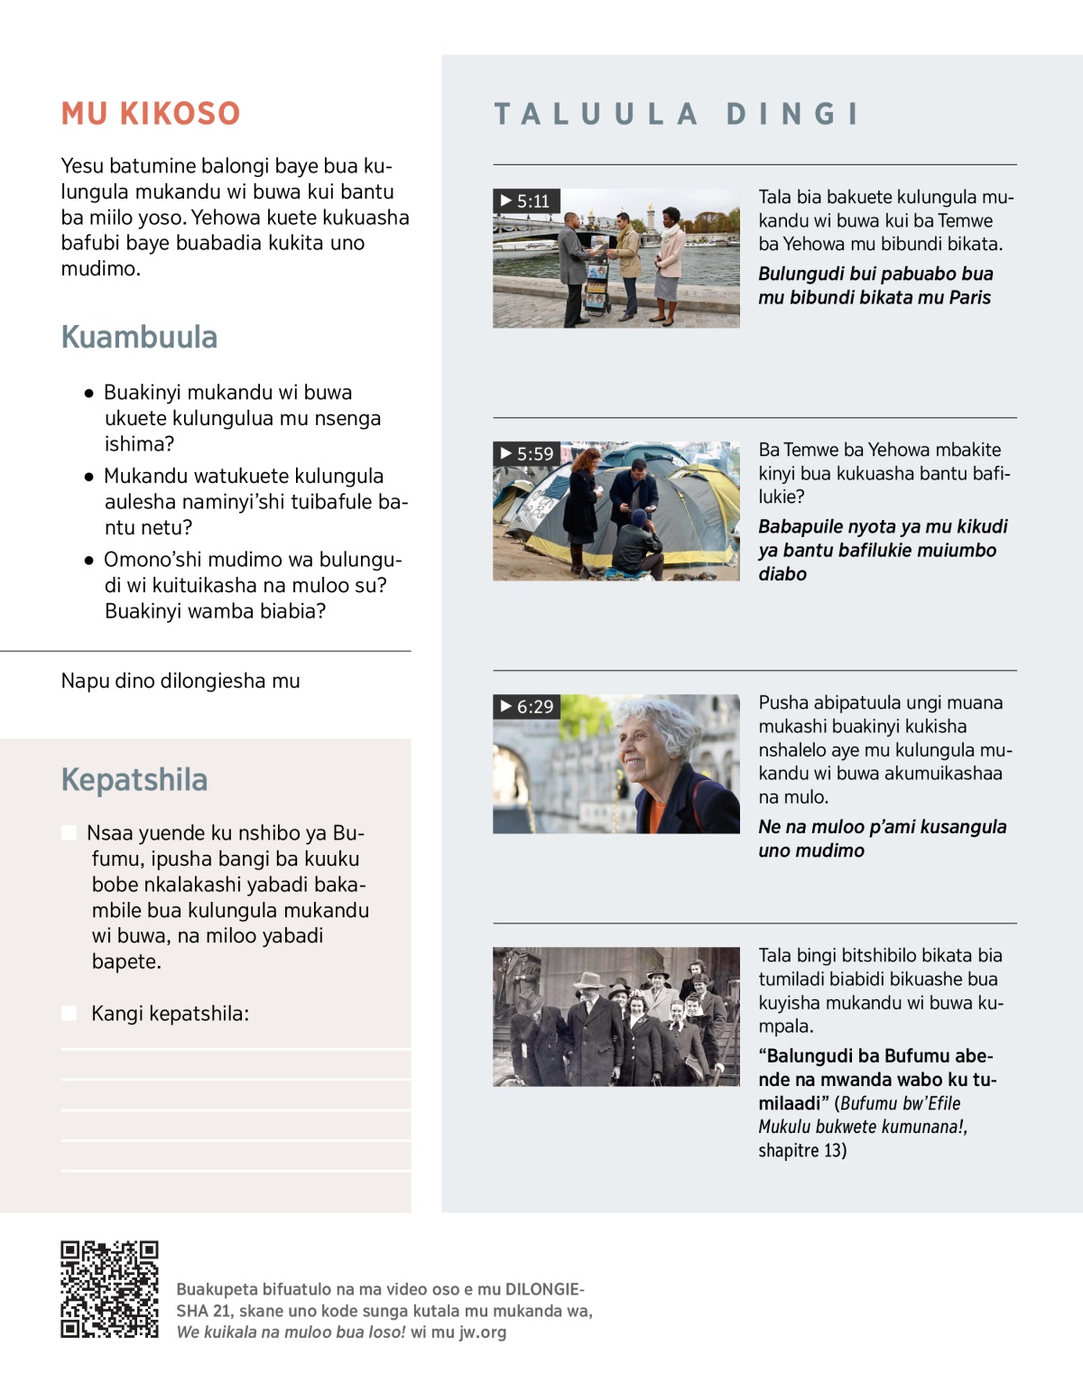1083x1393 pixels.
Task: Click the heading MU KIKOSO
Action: click(151, 114)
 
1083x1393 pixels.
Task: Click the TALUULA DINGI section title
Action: click(677, 114)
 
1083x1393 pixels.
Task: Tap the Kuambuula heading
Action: click(139, 337)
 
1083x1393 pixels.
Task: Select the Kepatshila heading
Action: click(134, 779)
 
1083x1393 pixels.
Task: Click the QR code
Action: click(109, 1288)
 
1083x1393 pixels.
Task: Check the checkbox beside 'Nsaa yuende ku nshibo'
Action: click(69, 832)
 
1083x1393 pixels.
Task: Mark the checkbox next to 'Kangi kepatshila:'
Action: click(69, 1013)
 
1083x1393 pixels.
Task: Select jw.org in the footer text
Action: click(483, 1332)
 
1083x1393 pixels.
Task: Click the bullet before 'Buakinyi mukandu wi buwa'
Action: click(88, 394)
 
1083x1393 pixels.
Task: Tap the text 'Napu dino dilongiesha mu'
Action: click(180, 681)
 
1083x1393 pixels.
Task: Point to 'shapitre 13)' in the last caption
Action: click(802, 1150)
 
